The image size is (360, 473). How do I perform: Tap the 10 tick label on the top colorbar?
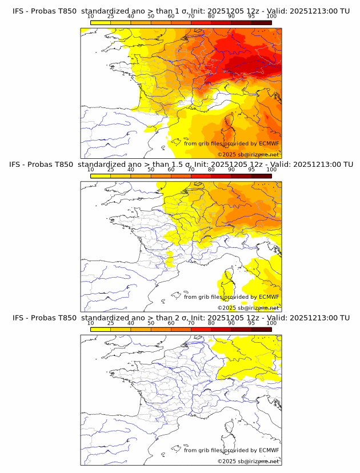click(91, 17)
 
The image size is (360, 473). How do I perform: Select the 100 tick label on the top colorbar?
click(271, 17)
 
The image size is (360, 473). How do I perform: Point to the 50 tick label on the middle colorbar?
click(151, 170)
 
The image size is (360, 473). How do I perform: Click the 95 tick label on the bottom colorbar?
click(251, 323)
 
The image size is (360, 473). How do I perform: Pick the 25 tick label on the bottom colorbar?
click(111, 323)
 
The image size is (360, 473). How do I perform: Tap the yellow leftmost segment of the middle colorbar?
click(101, 175)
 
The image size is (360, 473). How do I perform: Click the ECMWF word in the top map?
click(269, 143)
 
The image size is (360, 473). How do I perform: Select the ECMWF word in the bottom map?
click(269, 450)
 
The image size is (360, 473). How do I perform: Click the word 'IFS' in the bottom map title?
click(18, 317)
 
